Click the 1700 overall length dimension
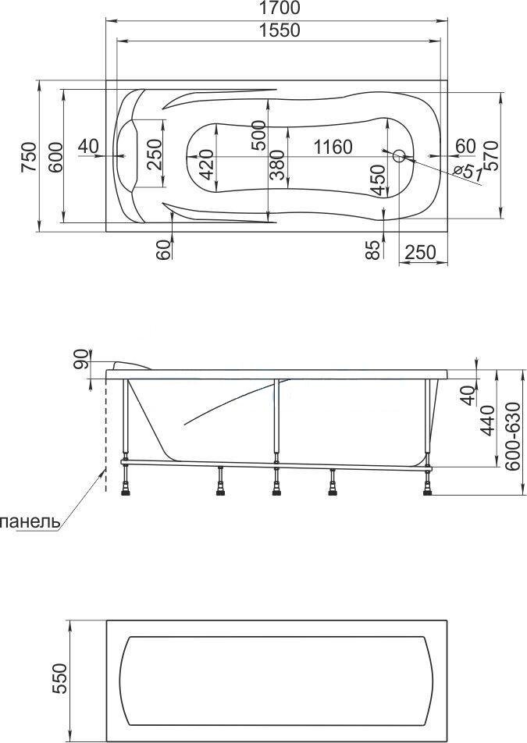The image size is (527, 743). (x=280, y=8)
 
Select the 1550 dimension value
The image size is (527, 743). (x=280, y=30)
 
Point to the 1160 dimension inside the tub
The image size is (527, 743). (x=333, y=147)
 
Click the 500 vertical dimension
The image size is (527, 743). (x=258, y=135)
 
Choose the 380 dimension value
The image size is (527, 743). (x=276, y=165)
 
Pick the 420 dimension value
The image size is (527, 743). (x=206, y=165)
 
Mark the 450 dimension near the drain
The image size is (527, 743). (x=377, y=180)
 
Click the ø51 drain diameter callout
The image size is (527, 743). (x=467, y=170)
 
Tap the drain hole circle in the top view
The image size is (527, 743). (x=399, y=156)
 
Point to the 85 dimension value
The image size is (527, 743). (x=373, y=250)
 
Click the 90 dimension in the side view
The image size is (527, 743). (x=81, y=359)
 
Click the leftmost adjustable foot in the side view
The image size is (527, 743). (x=126, y=482)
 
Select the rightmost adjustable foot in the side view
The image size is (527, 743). (x=428, y=482)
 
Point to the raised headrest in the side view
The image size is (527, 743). (x=130, y=365)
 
